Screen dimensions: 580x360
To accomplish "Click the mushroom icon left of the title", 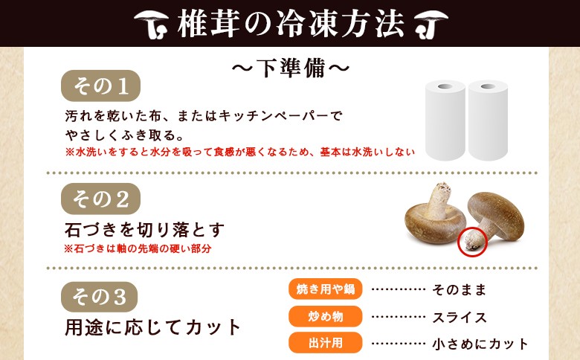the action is (151, 24).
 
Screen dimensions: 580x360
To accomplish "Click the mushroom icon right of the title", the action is (431, 24).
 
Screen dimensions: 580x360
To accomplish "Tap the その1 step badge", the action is (100, 86).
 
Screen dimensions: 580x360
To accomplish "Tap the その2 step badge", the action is (100, 199).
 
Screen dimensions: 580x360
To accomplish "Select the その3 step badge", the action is (99, 297).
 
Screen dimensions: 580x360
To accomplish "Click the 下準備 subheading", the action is (291, 68).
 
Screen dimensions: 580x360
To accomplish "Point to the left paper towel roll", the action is (445, 120).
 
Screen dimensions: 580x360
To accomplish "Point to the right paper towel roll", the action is (488, 120).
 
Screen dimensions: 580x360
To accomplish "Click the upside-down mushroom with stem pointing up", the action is (435, 217).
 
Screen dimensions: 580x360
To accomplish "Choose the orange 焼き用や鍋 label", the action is (325, 289).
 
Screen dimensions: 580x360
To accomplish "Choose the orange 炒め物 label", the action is (325, 316).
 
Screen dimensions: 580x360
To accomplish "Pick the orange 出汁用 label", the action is (325, 343).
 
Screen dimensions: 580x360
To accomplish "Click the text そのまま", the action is (459, 289).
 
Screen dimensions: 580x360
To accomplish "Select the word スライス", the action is (460, 318).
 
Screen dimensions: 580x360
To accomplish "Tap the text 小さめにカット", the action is (480, 344).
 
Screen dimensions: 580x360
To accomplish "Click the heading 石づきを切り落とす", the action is (145, 229).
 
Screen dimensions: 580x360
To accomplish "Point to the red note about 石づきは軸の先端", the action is (138, 248).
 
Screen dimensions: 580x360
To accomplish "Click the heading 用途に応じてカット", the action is (152, 327).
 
